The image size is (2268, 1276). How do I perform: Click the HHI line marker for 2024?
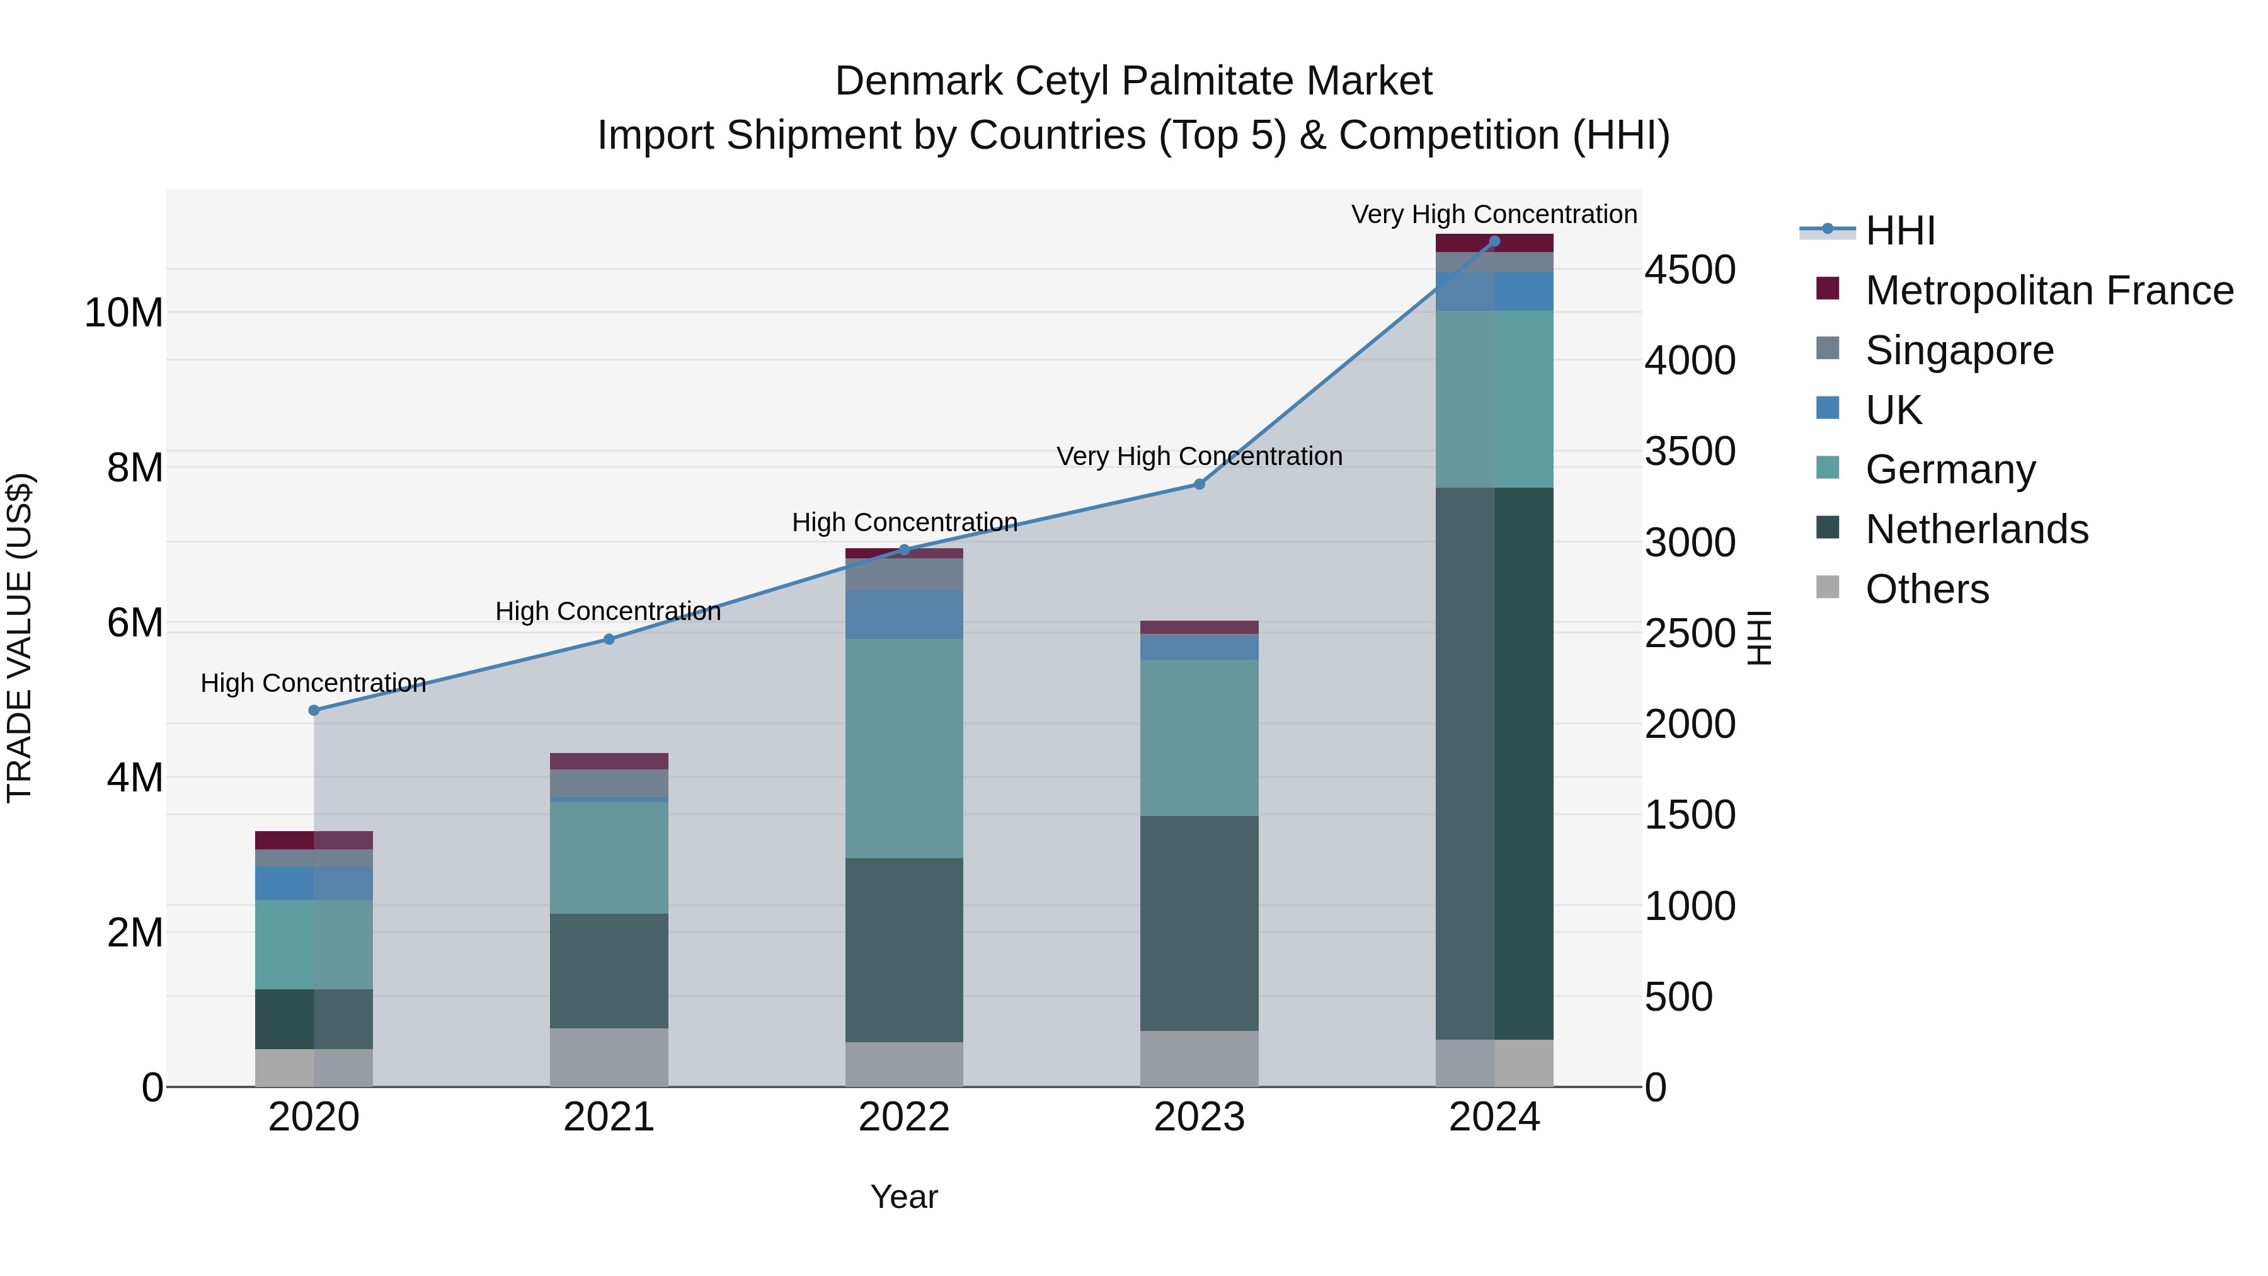pyautogui.click(x=1494, y=241)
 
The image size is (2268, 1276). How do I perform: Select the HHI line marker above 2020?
pyautogui.click(x=314, y=710)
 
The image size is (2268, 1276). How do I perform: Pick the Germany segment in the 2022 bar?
pyautogui.click(x=904, y=749)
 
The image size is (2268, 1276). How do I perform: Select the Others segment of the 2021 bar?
pyautogui.click(x=609, y=1057)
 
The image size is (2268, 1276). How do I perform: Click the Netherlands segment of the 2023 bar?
pyautogui.click(x=1199, y=923)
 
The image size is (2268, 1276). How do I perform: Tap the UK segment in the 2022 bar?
pyautogui.click(x=904, y=614)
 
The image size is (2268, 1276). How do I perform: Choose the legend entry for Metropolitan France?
pyautogui.click(x=2049, y=290)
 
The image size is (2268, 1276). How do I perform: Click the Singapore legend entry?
pyautogui.click(x=1959, y=350)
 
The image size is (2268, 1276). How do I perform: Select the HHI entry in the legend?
pyautogui.click(x=1900, y=231)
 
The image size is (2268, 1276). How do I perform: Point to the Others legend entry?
pyautogui.click(x=1927, y=589)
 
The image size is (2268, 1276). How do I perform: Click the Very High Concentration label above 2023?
pyautogui.click(x=1199, y=456)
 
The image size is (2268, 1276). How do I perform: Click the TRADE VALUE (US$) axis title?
pyautogui.click(x=20, y=638)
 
